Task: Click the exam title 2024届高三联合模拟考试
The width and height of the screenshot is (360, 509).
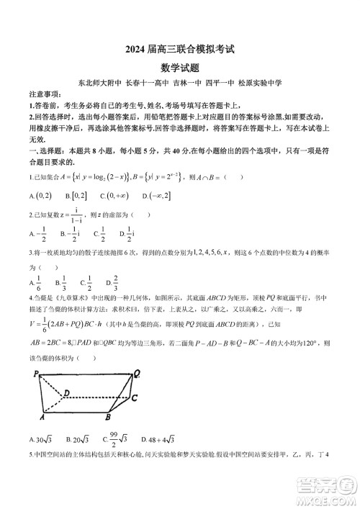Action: pyautogui.click(x=181, y=50)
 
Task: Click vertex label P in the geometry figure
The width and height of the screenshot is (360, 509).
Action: pyautogui.click(x=35, y=374)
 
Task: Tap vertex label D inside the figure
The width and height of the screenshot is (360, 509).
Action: pyautogui.click(x=66, y=392)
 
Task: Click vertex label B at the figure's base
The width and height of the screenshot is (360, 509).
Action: pyautogui.click(x=107, y=418)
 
